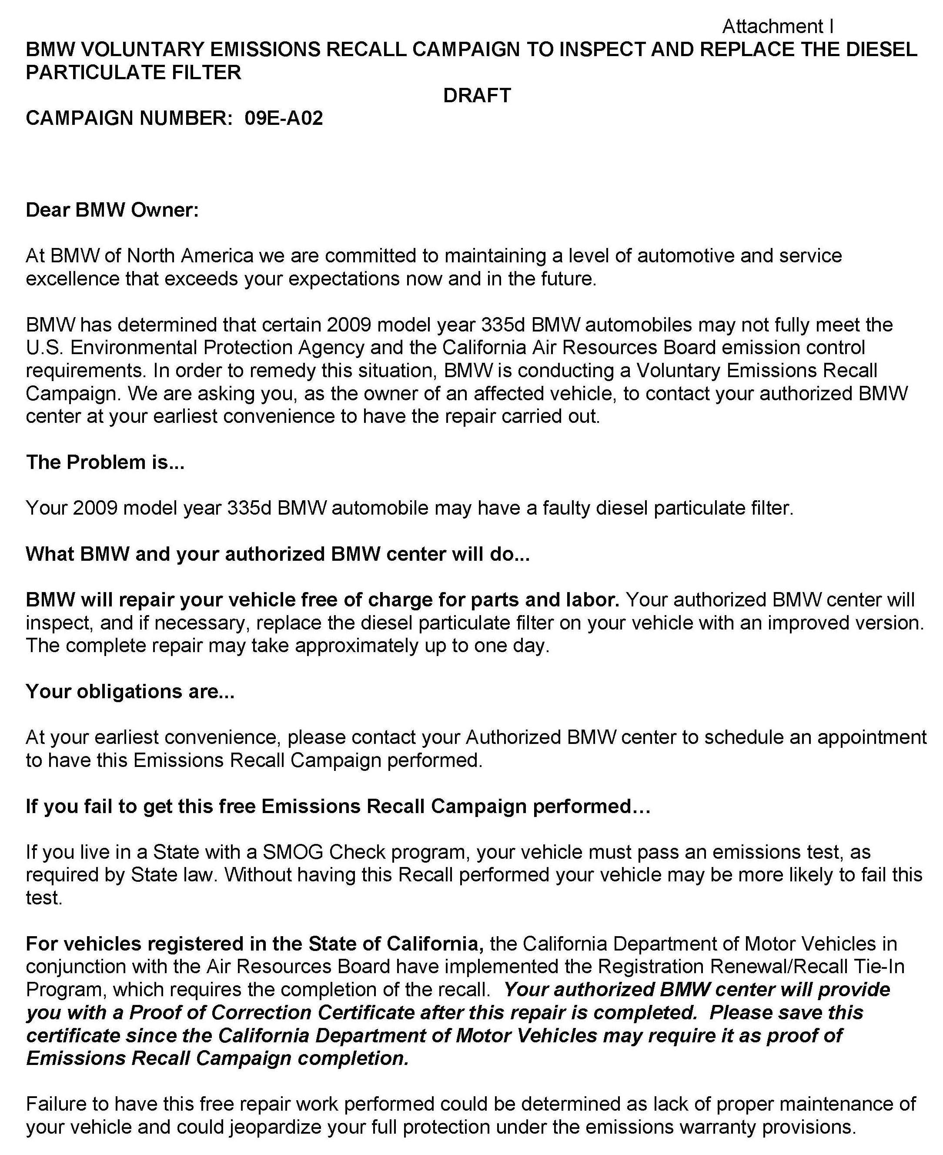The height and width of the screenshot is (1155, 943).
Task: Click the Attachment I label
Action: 777,27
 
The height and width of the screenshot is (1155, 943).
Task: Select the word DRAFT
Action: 476,96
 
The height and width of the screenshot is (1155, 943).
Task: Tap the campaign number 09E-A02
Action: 284,118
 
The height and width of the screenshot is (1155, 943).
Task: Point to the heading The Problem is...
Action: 105,462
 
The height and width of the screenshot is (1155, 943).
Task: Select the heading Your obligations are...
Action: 130,692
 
